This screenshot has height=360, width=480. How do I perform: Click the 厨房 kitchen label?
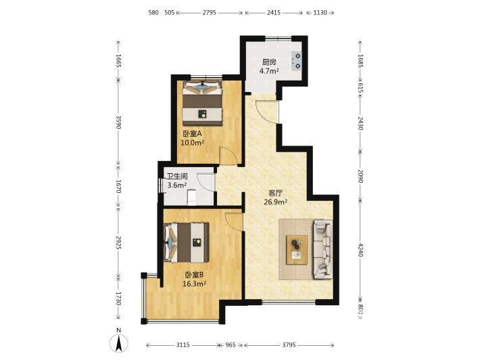[269, 62]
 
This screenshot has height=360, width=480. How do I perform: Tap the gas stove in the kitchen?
[296, 60]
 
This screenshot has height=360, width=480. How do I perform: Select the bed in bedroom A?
[202, 103]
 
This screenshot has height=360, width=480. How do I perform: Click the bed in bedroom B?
[187, 243]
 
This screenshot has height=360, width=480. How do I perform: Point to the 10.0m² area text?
[192, 143]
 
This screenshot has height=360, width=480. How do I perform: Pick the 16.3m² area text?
[194, 284]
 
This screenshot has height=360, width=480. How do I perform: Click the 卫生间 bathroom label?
[177, 177]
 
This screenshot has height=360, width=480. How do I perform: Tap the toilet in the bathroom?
[191, 198]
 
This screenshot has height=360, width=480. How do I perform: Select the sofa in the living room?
[322, 249]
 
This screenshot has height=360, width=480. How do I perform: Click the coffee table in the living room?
[297, 250]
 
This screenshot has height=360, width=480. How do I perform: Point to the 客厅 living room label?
[275, 193]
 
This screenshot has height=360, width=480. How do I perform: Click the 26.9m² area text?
[276, 202]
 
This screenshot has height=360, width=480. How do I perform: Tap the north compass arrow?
[119, 343]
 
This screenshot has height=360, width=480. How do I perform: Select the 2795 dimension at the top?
[210, 13]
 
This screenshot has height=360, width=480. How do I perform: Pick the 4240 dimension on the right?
[360, 250]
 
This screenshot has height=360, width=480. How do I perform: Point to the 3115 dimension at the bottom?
[183, 345]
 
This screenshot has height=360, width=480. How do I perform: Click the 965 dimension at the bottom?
[231, 345]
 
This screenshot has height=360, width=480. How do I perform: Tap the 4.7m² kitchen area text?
[269, 71]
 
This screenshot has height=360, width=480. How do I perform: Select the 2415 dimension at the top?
[274, 13]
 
